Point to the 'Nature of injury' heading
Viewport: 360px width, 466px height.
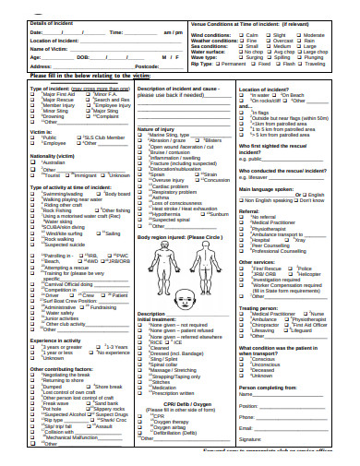click(160, 129)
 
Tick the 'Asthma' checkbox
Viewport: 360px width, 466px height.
click(141, 197)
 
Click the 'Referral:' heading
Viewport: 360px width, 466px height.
click(250, 211)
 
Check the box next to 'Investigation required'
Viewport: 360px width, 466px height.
click(243, 281)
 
